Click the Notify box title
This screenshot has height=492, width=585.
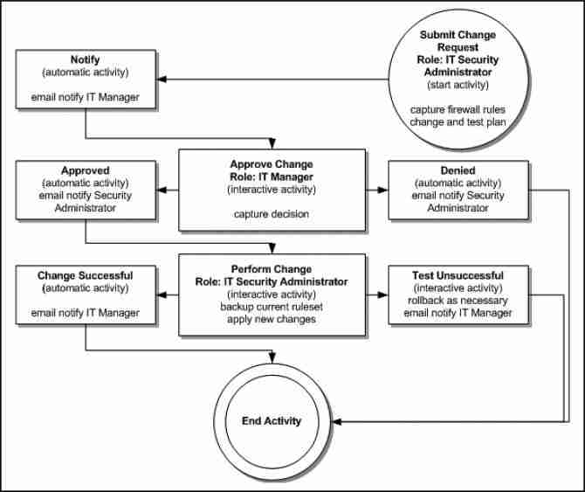85,59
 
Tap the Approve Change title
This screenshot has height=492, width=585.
272,164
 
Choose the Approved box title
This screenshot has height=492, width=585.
85,171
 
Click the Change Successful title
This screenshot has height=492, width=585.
85,276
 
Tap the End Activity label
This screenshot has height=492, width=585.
271,420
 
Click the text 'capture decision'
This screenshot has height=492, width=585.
272,213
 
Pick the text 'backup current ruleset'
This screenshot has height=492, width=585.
272,307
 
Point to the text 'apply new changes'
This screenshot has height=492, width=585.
272,319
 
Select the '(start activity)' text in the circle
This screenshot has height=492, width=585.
458,85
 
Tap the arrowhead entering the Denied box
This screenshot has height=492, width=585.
383,190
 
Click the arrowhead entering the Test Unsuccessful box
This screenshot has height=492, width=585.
383,295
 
